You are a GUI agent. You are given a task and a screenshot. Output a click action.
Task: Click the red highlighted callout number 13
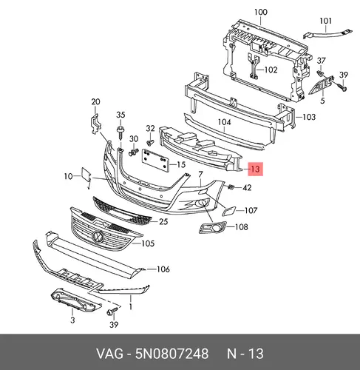pos(256,169)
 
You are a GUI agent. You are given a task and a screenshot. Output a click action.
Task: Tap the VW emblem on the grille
pos(97,236)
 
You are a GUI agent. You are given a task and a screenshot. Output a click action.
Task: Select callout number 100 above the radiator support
pos(260,12)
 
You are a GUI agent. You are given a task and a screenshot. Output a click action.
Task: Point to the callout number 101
pos(325,21)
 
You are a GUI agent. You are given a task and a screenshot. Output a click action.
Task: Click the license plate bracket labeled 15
pos(155,160)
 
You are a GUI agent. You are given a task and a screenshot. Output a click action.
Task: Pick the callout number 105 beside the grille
pos(148,243)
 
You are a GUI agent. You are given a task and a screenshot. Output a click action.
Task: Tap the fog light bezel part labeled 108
pos(212,227)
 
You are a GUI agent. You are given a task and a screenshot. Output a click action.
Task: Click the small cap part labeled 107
pos(229,211)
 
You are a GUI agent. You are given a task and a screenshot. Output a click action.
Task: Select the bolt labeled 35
pos(120,132)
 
